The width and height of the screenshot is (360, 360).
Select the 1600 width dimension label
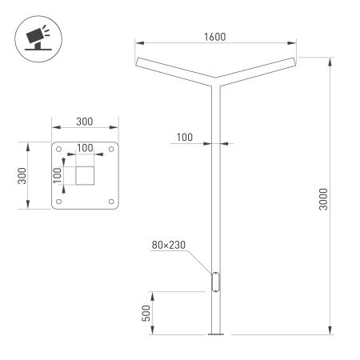pyautogui.click(x=214, y=36)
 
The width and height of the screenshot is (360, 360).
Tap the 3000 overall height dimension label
pyautogui.click(x=322, y=198)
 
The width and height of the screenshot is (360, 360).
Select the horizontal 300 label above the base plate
pyautogui.click(x=85, y=122)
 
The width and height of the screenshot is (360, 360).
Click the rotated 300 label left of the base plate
pyautogui.click(x=22, y=174)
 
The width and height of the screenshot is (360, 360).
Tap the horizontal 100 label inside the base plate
pyautogui.click(x=85, y=148)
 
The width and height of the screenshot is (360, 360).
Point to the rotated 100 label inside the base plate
pyautogui.click(x=58, y=175)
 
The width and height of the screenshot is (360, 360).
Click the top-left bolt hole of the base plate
pyautogui.click(x=60, y=149)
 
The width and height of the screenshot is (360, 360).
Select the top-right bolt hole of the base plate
pyautogui.click(x=111, y=149)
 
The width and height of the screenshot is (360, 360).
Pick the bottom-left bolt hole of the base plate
pyautogui.click(x=60, y=201)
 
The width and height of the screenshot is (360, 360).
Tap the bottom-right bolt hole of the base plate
pyautogui.click(x=111, y=201)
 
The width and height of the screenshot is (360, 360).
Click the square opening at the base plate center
pyautogui.click(x=86, y=175)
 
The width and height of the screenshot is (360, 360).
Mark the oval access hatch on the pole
pyautogui.click(x=214, y=282)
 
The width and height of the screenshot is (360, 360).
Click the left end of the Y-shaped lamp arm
pyautogui.click(x=140, y=62)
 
